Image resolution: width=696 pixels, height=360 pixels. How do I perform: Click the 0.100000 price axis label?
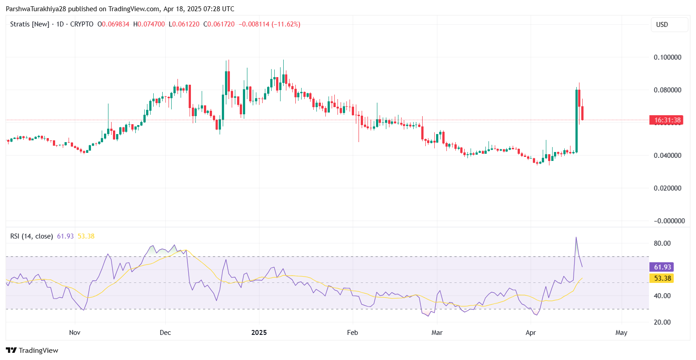[668, 57]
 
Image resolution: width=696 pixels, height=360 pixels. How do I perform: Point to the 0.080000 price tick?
[668, 90]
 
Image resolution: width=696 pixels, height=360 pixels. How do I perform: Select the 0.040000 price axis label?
[668, 156]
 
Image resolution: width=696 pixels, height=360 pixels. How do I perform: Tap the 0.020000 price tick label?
[668, 188]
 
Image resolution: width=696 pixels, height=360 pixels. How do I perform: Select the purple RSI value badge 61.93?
[662, 267]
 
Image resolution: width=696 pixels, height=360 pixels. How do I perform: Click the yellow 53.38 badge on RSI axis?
[662, 278]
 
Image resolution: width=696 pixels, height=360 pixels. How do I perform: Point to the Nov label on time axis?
[75, 333]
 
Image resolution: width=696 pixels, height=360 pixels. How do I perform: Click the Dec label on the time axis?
[165, 333]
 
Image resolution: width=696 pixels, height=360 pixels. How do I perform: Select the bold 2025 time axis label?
[259, 333]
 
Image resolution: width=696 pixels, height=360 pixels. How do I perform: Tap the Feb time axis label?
[353, 333]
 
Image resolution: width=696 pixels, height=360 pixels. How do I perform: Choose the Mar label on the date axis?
[437, 333]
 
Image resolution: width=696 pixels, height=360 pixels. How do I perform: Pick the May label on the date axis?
[622, 333]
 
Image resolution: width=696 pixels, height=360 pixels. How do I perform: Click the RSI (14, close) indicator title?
[32, 236]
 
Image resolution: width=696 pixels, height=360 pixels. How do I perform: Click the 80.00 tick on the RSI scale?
[662, 243]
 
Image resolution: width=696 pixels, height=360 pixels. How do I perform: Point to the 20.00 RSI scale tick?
[662, 322]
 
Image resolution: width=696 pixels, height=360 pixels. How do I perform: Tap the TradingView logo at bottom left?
[32, 351]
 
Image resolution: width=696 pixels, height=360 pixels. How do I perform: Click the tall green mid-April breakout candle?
[576, 121]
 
